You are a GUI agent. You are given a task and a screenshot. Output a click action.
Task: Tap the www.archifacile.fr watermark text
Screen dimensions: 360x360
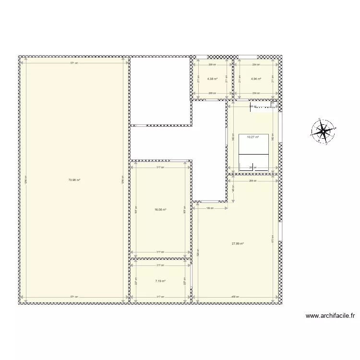pos(330,316)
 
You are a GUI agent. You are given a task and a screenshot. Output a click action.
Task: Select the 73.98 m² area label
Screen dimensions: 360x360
pos(73,180)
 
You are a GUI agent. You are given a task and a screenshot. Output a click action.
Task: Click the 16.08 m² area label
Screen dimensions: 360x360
pos(160,209)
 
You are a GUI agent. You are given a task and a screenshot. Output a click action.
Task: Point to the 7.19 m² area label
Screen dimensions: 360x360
pos(160,281)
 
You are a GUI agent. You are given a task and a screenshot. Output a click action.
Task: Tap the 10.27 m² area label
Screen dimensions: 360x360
pos(252,137)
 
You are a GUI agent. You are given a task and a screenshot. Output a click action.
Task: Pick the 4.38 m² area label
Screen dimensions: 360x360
pos(212,79)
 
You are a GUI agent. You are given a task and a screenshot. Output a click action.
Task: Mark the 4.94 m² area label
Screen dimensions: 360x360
pos(255,79)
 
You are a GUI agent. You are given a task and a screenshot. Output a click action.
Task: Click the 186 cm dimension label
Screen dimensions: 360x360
pos(210,208)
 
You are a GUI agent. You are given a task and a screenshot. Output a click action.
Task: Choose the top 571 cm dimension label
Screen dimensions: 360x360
pos(73,63)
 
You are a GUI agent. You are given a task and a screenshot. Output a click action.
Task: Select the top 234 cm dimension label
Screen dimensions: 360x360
pos(255,64)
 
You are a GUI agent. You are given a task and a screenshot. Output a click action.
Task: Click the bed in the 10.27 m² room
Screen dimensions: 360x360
pos(253,156)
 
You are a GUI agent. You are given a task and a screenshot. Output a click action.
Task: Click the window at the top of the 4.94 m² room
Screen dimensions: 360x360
pos(243,57)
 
